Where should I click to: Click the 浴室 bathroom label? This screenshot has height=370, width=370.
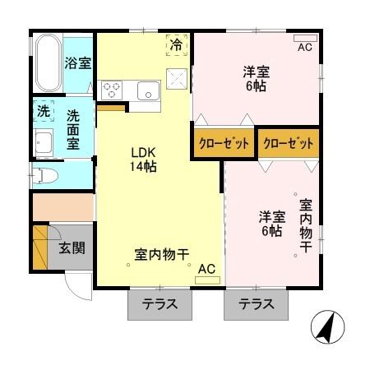pos(79,63)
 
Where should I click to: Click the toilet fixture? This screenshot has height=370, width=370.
pos(43,173)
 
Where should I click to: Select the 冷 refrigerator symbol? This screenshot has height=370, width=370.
pos(176,44)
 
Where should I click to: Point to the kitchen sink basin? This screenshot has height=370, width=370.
pos(148,89)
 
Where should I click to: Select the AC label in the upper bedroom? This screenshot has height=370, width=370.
pos(305,47)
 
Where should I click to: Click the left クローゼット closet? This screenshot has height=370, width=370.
pos(223,142)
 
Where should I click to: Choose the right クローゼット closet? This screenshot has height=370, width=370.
pos(289,142)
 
